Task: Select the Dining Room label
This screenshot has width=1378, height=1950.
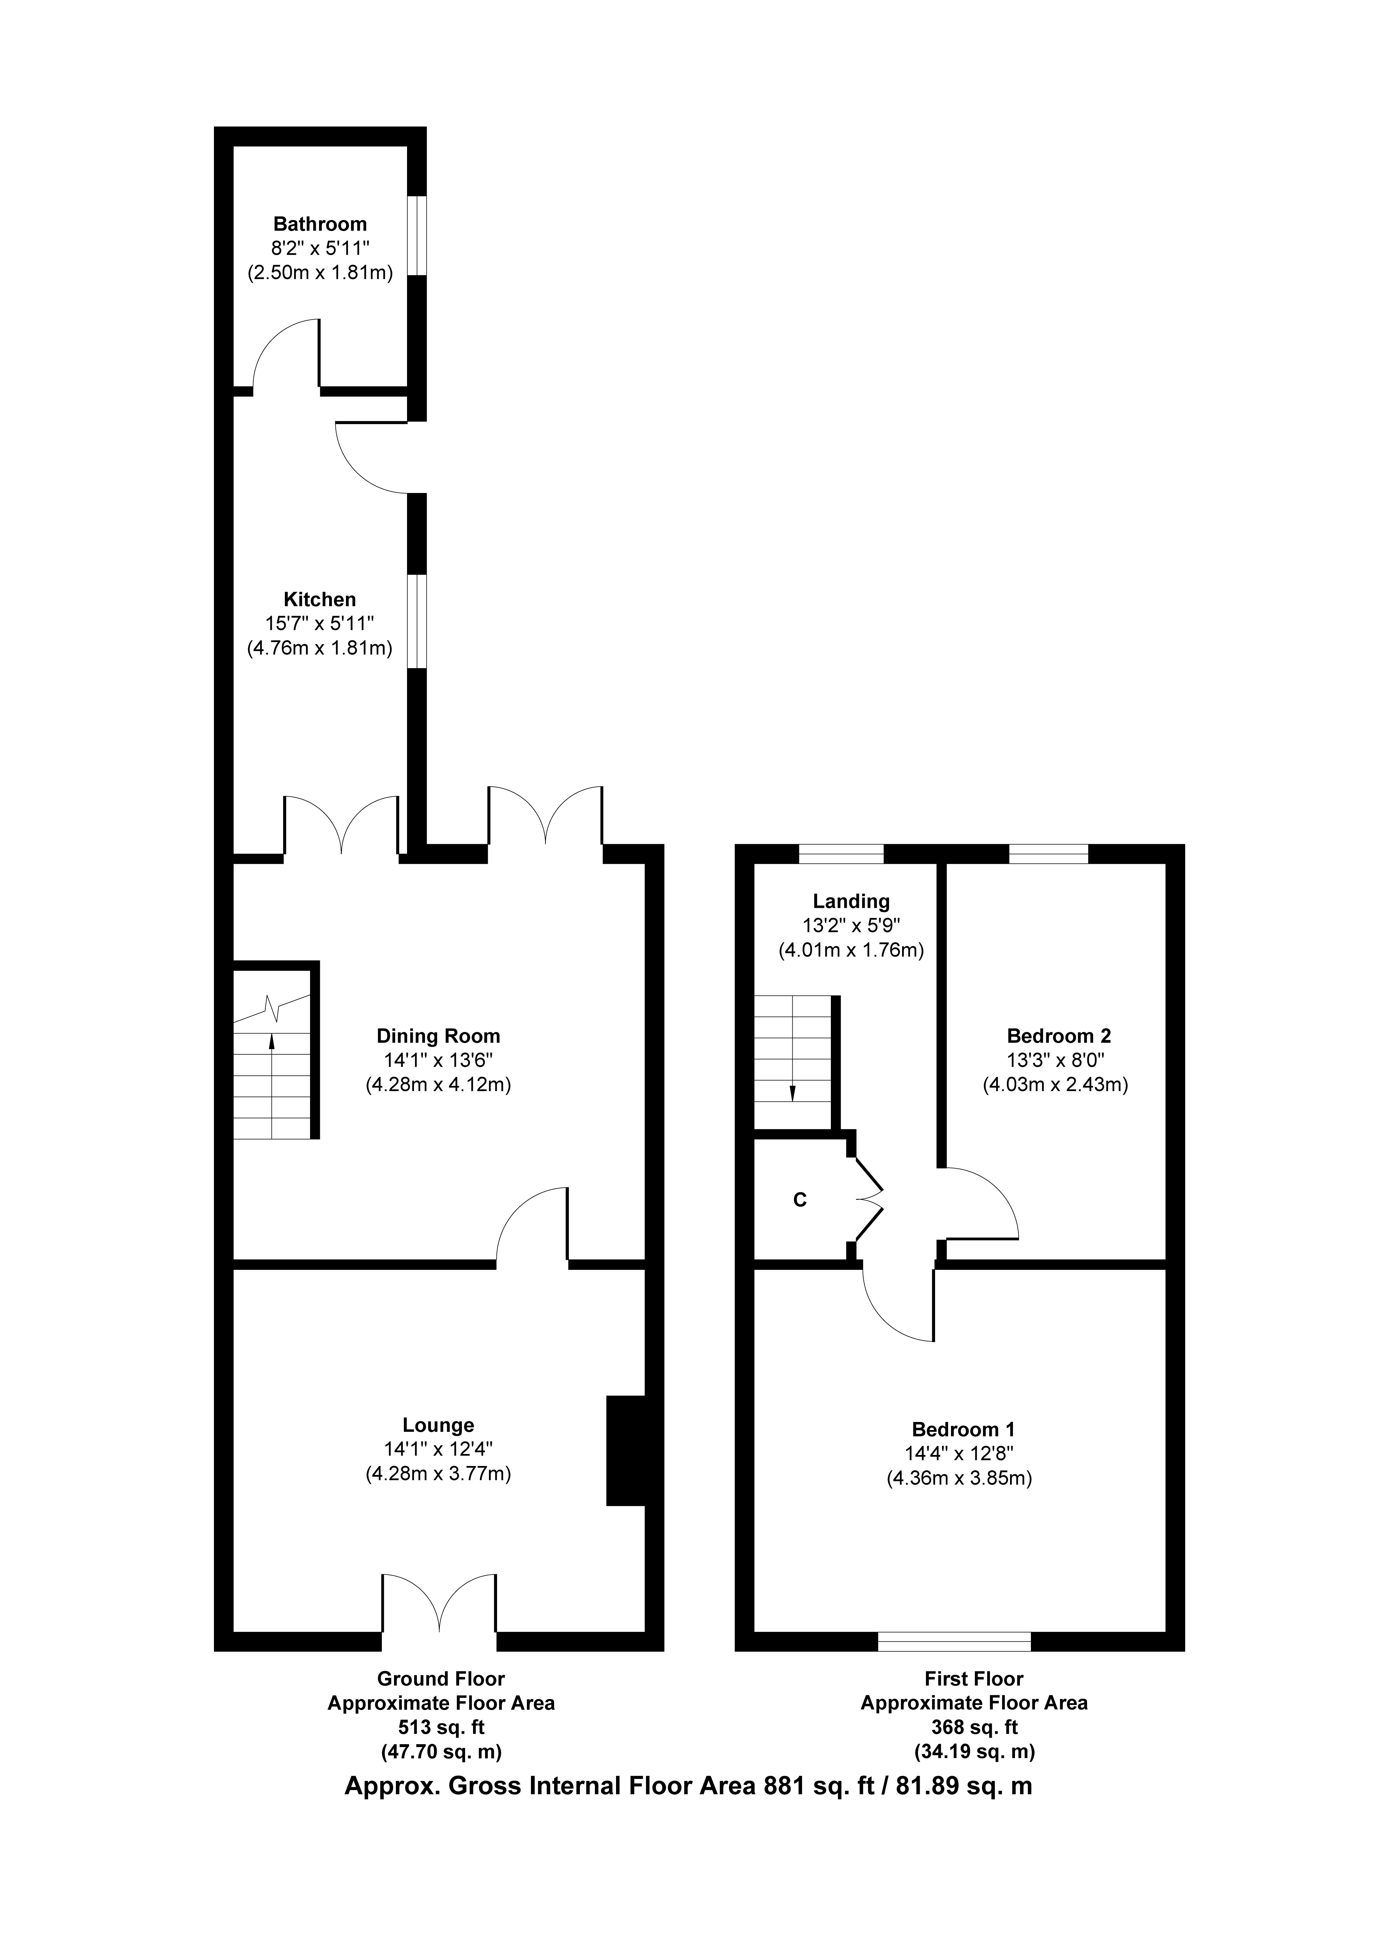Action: (x=438, y=1036)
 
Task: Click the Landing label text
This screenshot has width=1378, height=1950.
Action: (x=851, y=902)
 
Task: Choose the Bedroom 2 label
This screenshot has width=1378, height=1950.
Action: (x=1059, y=1036)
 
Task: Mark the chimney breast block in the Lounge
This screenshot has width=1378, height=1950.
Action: (x=626, y=1451)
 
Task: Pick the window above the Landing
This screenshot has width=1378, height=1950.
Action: (x=841, y=853)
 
